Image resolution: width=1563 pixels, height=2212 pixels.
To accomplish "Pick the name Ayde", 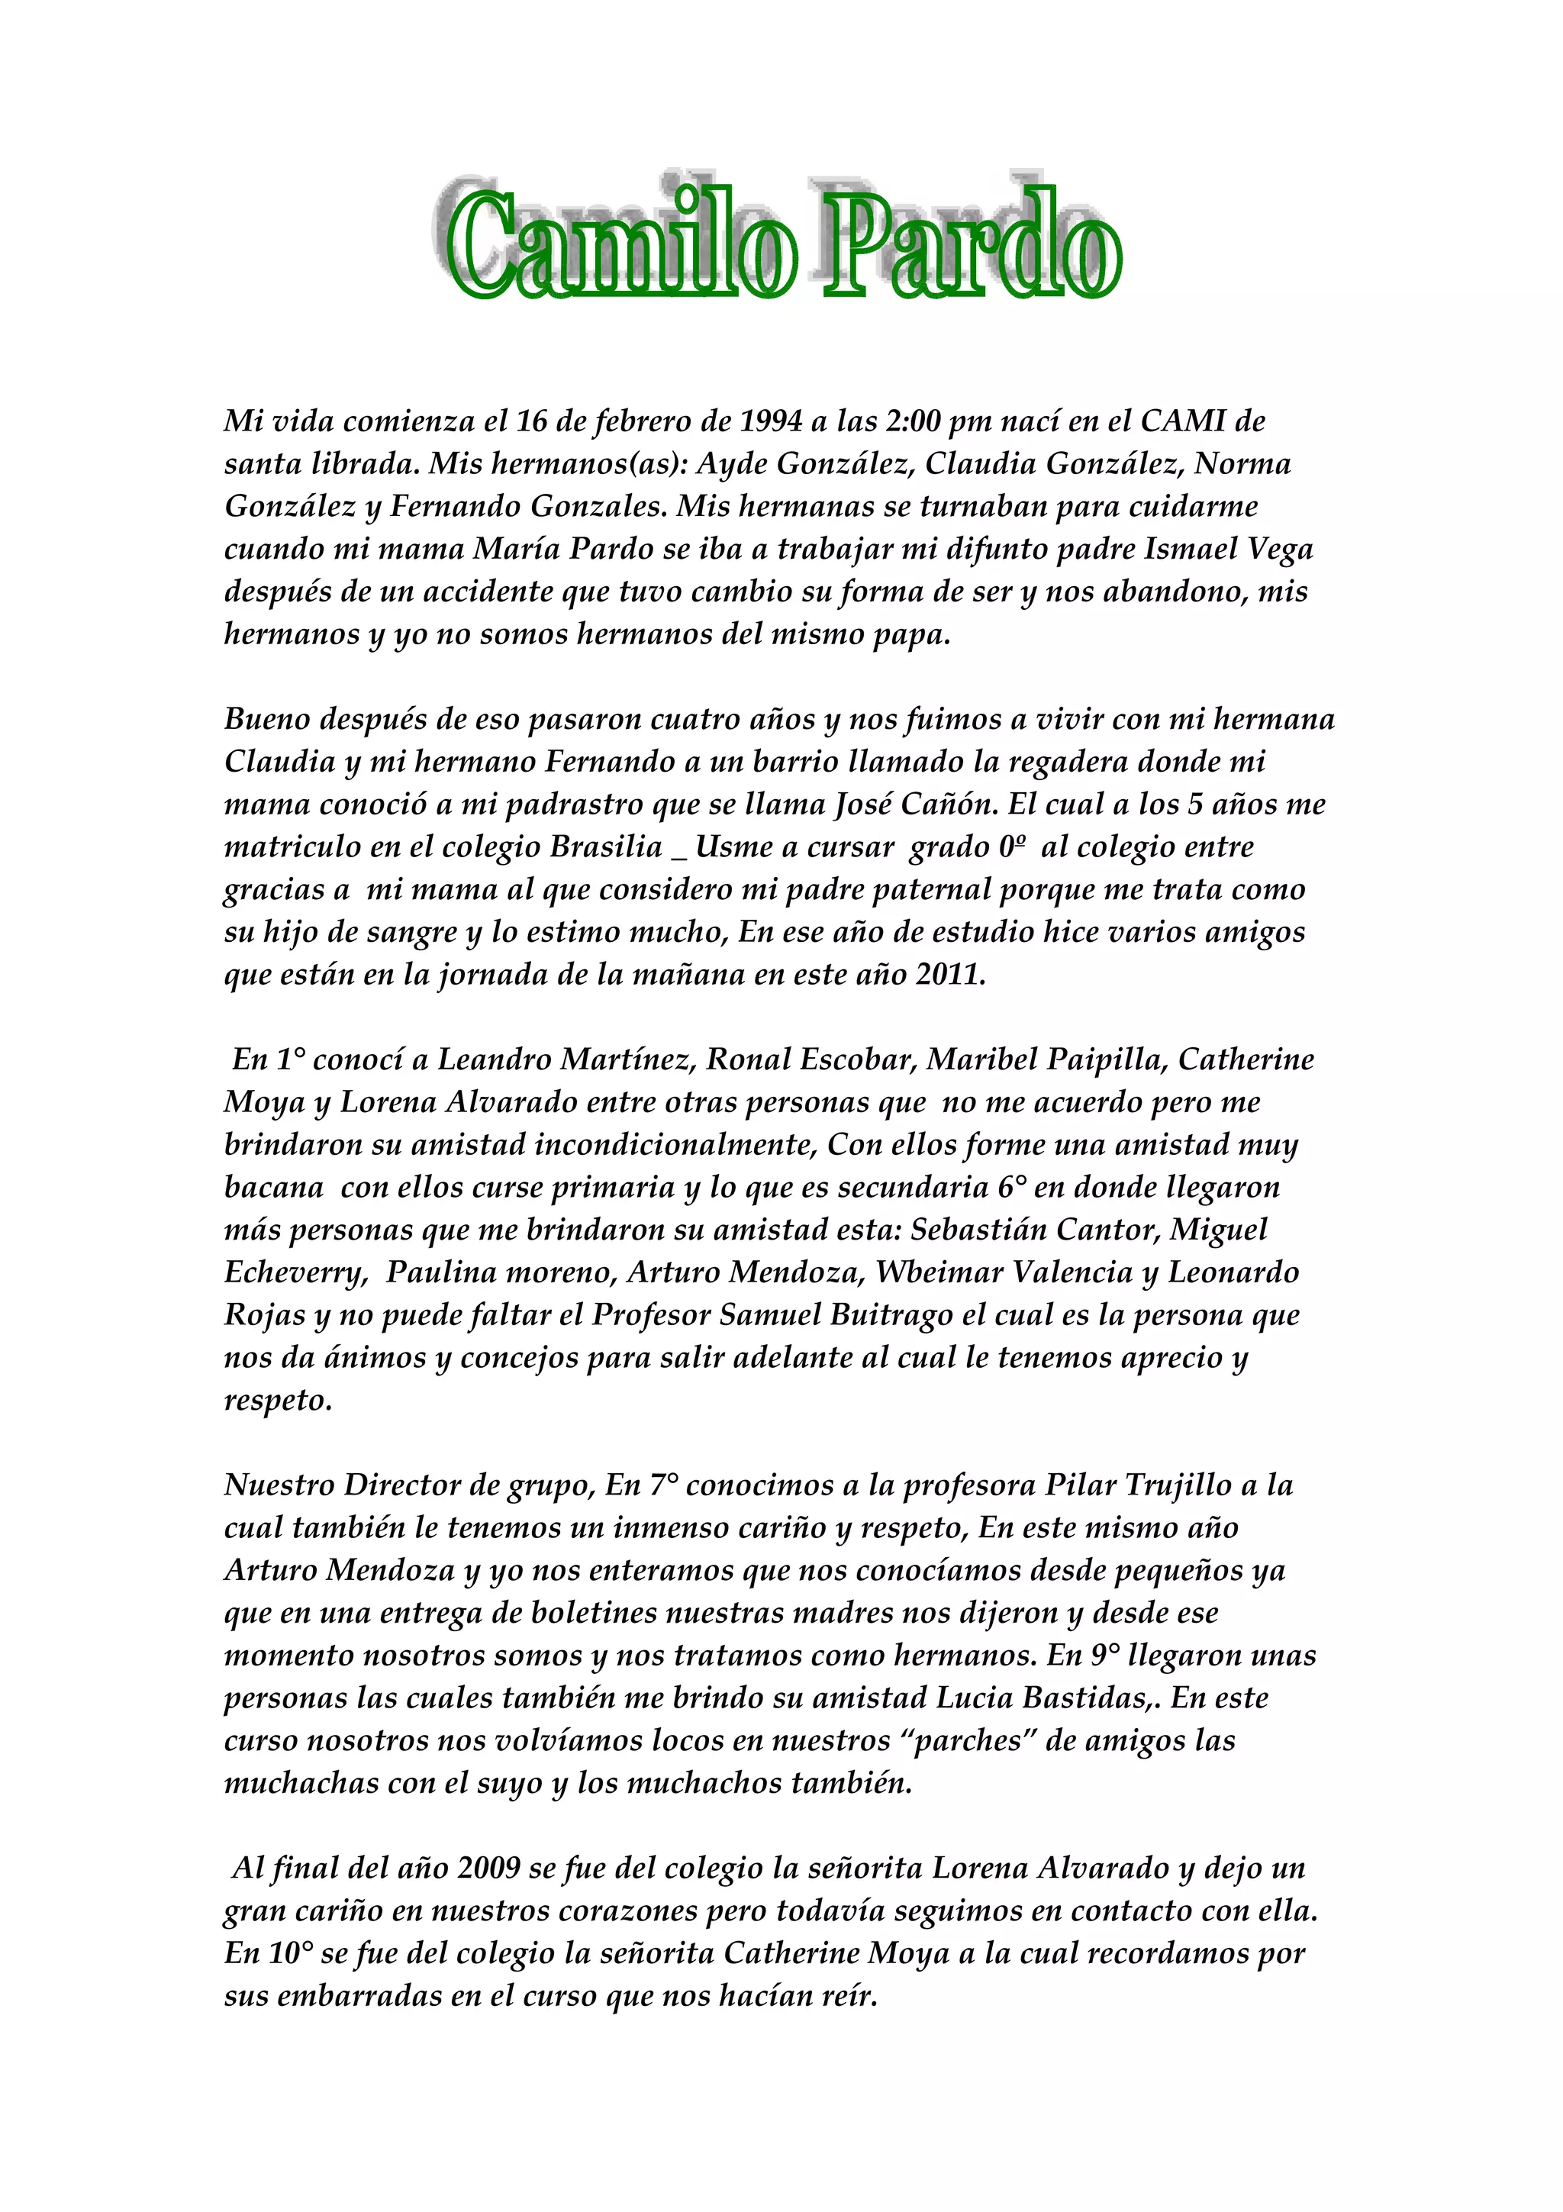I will (x=731, y=464).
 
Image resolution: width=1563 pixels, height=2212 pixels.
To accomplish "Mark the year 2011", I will (x=949, y=974).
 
